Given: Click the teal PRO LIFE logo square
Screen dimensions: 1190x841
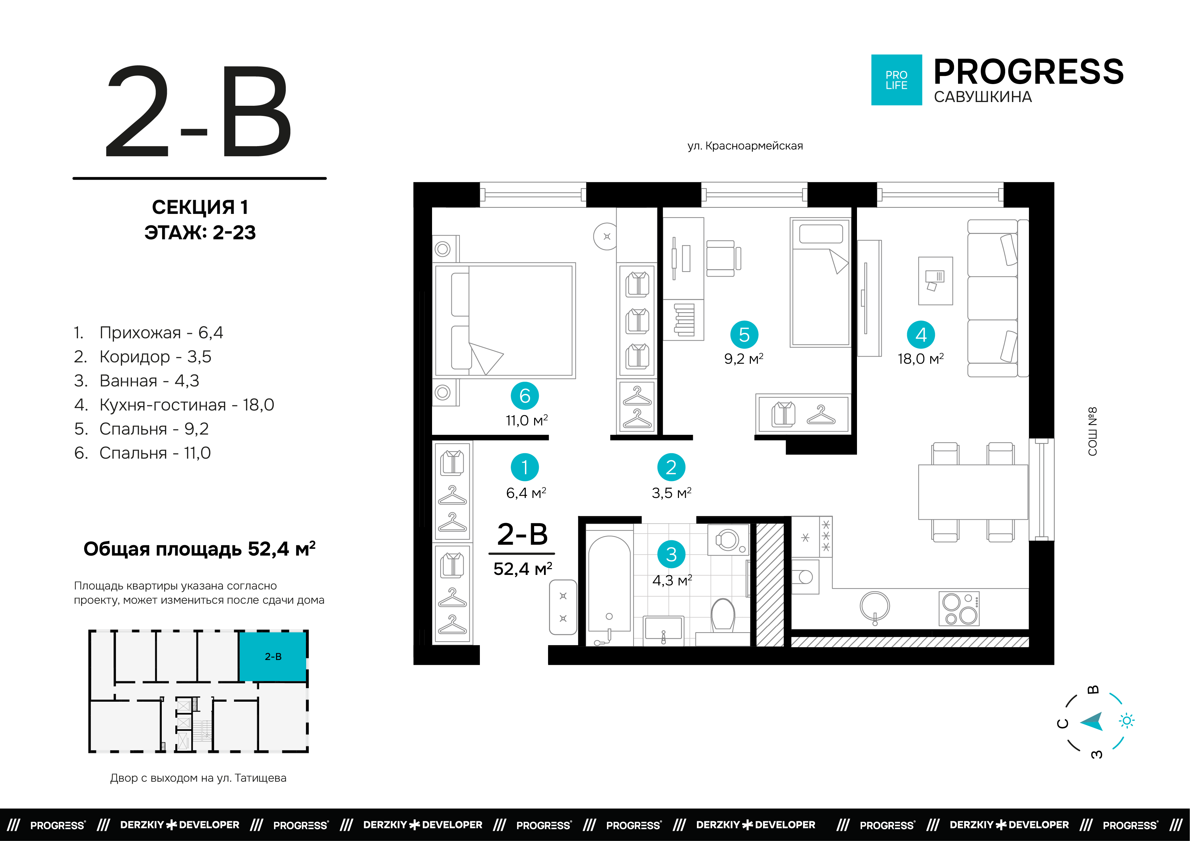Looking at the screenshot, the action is [896, 80].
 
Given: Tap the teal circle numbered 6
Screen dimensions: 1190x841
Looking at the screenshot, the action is [525, 396].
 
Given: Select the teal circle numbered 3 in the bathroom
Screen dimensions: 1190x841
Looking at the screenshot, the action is [671, 555].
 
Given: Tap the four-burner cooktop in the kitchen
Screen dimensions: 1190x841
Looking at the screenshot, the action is [959, 608].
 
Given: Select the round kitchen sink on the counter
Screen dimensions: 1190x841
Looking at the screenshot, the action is [875, 606].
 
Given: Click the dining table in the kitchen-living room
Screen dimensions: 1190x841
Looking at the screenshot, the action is [973, 492].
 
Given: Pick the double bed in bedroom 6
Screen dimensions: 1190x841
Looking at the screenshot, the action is [504, 320].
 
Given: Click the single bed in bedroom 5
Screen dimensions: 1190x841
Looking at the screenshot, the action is [820, 282].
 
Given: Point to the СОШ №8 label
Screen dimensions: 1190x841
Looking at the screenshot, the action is [1093, 431].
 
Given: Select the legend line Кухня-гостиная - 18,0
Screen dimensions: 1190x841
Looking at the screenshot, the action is [174, 405].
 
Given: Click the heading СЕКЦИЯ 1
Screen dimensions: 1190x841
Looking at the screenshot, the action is [200, 207].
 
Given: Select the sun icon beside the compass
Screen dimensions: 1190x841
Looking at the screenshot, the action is [1127, 721].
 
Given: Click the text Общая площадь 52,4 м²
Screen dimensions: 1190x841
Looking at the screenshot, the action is [199, 549].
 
